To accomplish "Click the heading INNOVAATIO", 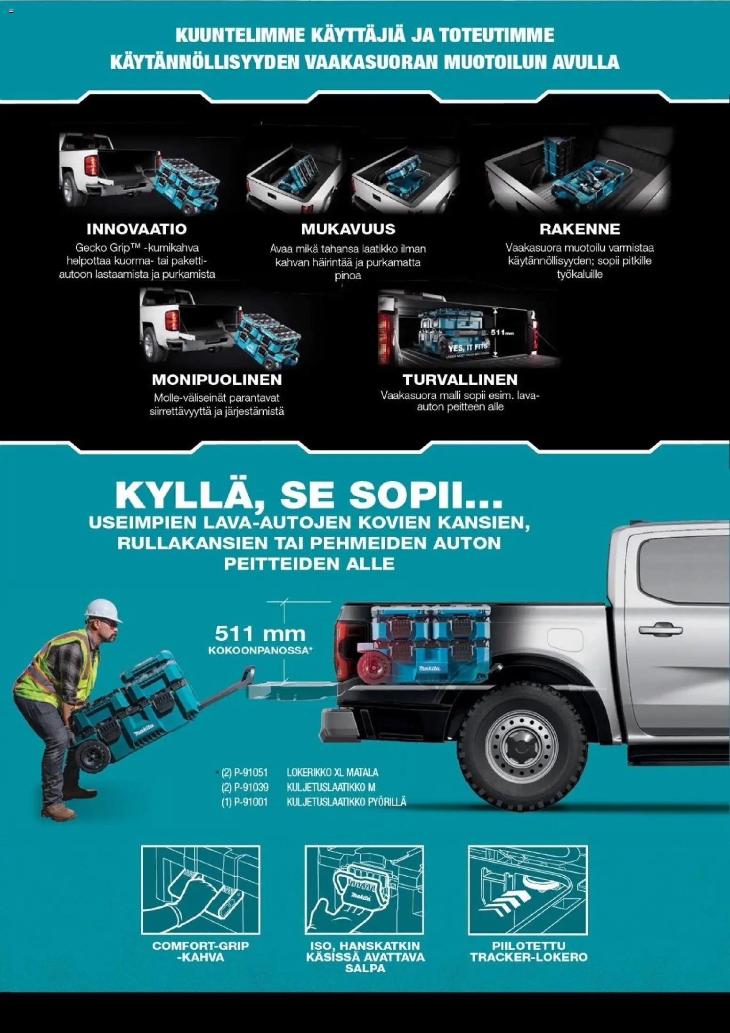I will coord(137,229).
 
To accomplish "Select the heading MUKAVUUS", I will coord(348,229).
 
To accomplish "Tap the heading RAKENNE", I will coord(580,229).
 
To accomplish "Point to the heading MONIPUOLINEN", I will coord(217,379).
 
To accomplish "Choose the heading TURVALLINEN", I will coord(460,379).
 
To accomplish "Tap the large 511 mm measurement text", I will coord(260,634).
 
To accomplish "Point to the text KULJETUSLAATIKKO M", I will coord(331,787).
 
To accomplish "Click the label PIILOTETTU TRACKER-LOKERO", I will coord(528,951).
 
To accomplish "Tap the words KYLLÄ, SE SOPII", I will coord(308,494).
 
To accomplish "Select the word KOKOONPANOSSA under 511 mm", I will coord(260,650).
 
